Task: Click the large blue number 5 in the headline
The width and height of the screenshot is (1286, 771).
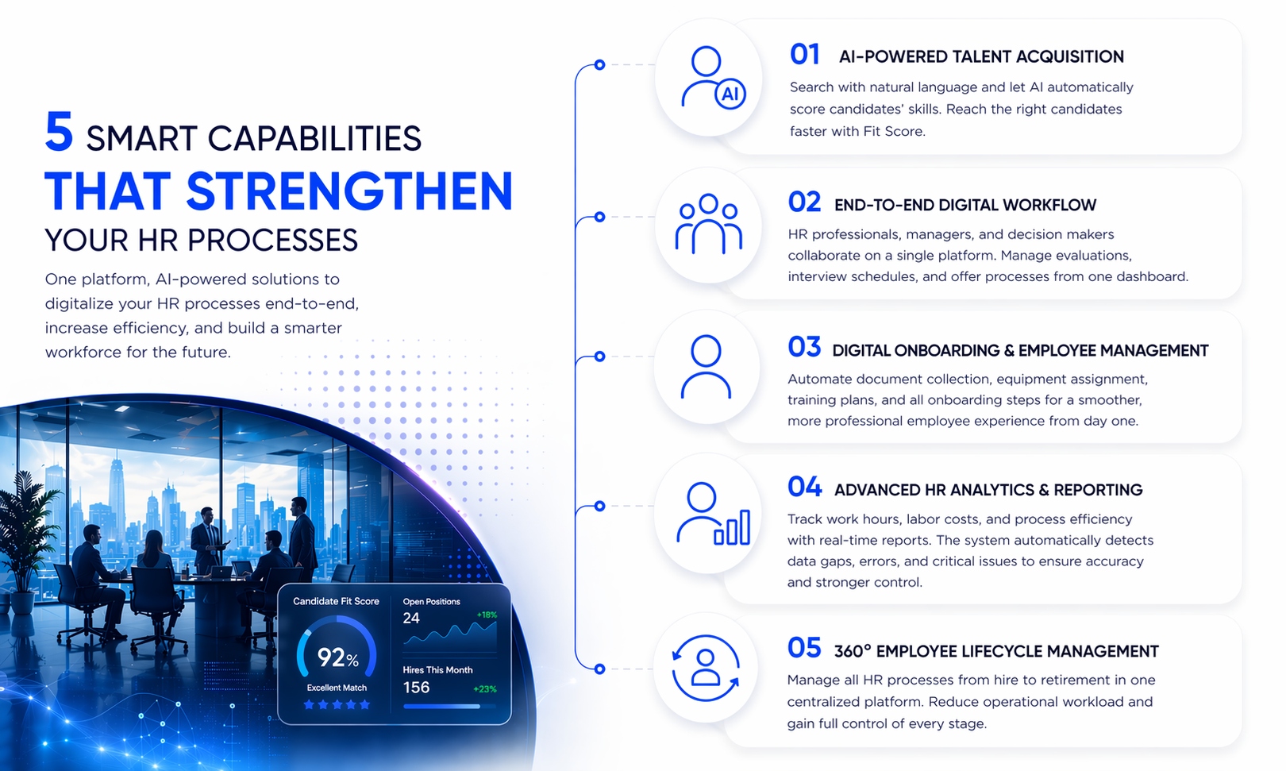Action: coord(60,131)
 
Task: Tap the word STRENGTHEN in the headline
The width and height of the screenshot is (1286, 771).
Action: coord(349,192)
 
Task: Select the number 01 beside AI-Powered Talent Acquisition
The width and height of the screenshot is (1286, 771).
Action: coord(804,55)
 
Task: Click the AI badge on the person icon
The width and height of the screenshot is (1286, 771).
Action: coord(730,94)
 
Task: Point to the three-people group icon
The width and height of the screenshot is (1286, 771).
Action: coord(708,225)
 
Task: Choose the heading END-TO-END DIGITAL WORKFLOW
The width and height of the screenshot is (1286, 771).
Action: coord(964,205)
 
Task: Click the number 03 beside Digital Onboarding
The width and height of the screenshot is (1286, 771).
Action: coord(804,347)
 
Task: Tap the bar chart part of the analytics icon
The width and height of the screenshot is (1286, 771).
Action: coord(733,528)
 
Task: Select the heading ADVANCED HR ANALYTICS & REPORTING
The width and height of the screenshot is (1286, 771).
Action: coord(988,490)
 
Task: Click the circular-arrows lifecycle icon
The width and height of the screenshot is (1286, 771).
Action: coord(706,668)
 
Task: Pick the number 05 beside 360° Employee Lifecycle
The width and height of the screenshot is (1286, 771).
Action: coord(804,648)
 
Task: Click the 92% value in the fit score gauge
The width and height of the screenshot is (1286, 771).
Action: coord(337,657)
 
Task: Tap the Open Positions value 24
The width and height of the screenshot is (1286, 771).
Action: coord(411,618)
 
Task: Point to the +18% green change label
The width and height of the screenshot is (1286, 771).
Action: coord(487,615)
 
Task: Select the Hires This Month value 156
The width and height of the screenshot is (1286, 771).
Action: coord(416,688)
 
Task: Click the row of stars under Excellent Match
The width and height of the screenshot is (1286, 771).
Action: coord(337,704)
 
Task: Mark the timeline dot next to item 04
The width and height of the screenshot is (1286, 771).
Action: coord(600,506)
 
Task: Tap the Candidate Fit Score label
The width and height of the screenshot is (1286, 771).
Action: coord(336,601)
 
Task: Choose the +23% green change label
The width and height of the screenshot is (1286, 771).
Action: coord(484,689)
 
